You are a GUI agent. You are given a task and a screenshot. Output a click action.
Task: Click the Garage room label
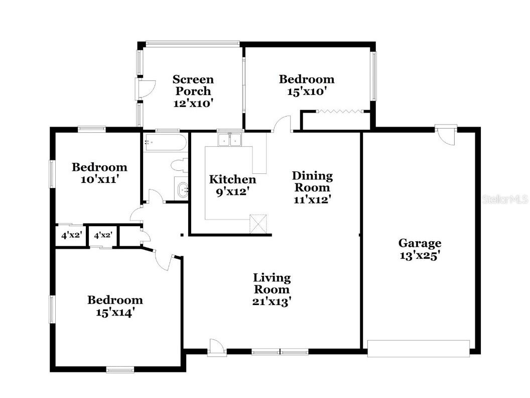coord(420,243)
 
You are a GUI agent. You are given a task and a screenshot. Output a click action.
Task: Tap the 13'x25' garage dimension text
coord(420,255)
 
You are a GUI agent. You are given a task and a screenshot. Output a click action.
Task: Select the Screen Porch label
coord(193,85)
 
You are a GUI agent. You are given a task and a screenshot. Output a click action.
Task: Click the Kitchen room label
coord(232,179)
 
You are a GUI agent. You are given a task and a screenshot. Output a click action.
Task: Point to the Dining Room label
coord(312,181)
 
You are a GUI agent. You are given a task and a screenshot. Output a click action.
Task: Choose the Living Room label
coord(272,283)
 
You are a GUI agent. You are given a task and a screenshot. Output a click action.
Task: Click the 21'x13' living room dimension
coord(272,302)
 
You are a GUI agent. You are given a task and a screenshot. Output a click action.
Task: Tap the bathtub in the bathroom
coord(163,141)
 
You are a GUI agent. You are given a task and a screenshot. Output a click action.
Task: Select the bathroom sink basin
coord(181,189)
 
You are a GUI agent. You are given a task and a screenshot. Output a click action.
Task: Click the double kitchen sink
coord(230,139)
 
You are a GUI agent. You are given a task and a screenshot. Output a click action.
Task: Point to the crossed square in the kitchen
coord(259,224)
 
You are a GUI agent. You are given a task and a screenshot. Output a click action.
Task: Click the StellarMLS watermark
coord(505,200)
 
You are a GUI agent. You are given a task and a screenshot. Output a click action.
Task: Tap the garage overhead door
coord(418,348)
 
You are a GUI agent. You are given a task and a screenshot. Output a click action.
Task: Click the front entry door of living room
coord(216,347)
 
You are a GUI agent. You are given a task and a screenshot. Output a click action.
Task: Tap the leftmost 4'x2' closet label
coord(72,235)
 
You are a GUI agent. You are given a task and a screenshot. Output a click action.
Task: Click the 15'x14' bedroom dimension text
coord(115,312)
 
